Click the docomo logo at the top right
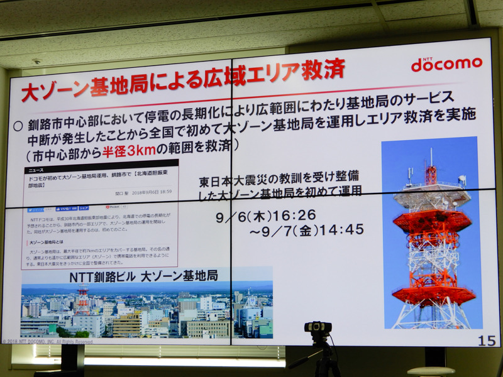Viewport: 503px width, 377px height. pyautogui.click(x=446, y=63)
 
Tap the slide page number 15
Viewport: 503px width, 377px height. pyautogui.click(x=486, y=341)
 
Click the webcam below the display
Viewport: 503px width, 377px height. pyautogui.click(x=318, y=329)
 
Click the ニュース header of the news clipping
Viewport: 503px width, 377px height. pyautogui.click(x=36, y=170)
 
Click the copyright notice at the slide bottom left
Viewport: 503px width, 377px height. pyautogui.click(x=47, y=341)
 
